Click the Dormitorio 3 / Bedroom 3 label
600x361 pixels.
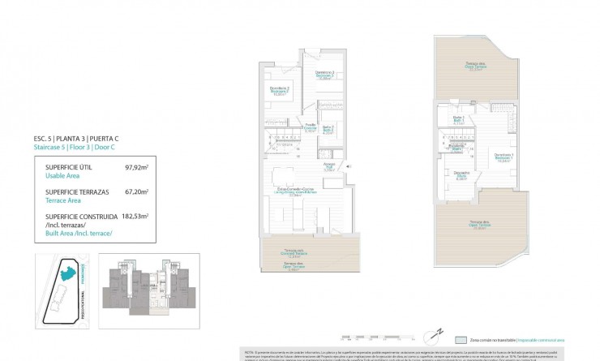tap(325, 76)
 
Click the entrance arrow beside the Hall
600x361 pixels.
tap(348, 168)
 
